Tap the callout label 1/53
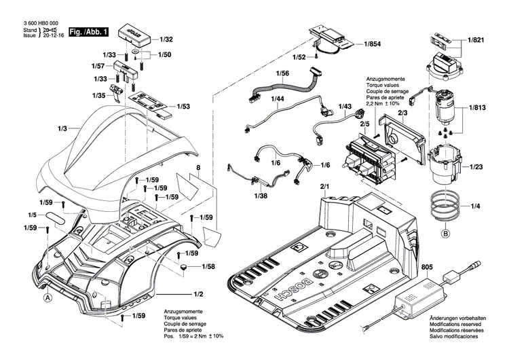click(x=183, y=107)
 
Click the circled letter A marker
click(x=48, y=296)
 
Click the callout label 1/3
click(x=63, y=128)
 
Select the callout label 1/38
click(x=261, y=195)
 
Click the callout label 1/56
click(x=282, y=73)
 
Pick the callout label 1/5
click(x=32, y=215)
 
